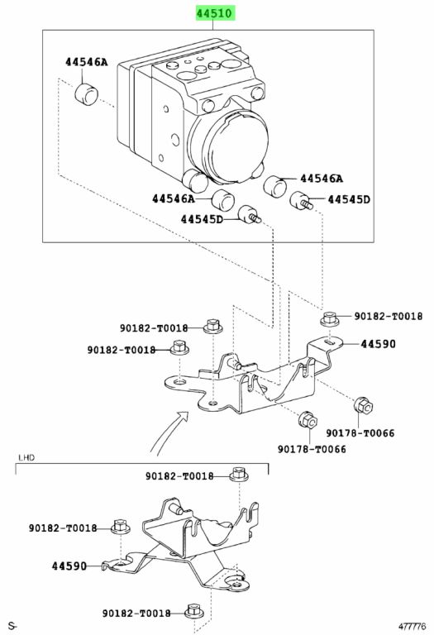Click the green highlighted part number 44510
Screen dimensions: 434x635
215,13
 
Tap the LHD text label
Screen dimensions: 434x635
26,457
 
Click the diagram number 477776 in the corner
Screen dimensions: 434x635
412,627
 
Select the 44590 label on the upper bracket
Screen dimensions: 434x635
378,344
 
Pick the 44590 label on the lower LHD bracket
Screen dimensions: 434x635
69,566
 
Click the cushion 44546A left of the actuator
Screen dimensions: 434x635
87,94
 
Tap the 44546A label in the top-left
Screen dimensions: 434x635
87,62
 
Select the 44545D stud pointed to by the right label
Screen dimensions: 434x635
301,200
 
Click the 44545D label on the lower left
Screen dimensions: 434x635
202,219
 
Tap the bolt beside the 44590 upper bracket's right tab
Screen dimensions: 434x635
331,318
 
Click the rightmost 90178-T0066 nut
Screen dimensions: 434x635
363,406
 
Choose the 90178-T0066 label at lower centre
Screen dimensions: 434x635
312,449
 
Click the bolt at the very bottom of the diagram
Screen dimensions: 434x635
193,612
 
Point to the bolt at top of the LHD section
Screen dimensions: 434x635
239,475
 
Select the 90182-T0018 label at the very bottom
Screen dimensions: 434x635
136,614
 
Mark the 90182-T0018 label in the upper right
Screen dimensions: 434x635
389,317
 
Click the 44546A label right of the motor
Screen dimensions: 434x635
322,179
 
